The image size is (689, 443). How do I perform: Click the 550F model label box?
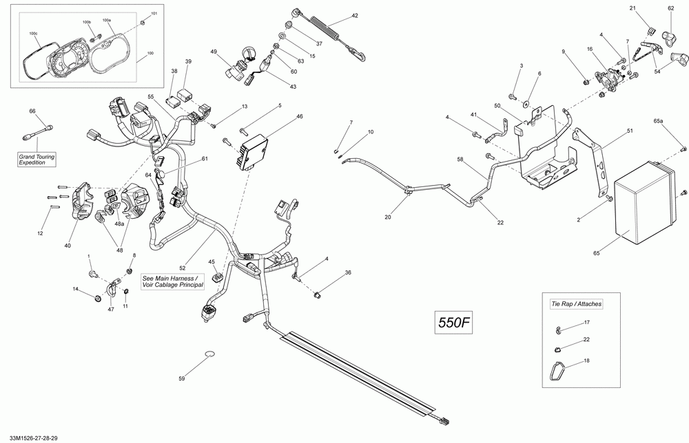(x=453, y=323)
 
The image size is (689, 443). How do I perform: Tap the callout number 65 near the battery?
(x=596, y=253)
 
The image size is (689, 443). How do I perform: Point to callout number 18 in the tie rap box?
(x=586, y=361)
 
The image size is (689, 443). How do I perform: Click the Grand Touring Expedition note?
(x=37, y=160)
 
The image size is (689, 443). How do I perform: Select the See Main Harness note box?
(x=173, y=281)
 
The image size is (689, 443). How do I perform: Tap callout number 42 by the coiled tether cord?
(x=355, y=16)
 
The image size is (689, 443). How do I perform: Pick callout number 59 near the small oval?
(x=181, y=378)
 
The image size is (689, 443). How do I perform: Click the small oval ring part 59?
(x=209, y=354)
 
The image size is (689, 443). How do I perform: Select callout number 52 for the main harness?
(x=183, y=268)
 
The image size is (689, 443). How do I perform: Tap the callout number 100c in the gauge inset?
(x=33, y=33)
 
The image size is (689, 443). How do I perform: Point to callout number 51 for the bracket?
(x=630, y=131)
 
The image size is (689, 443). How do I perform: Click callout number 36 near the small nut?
(x=348, y=272)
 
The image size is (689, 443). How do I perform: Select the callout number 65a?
(x=658, y=120)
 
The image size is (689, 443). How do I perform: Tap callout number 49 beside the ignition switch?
(x=214, y=52)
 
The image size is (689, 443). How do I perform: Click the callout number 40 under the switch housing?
(x=68, y=246)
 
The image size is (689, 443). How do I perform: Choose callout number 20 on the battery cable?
(x=387, y=217)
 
